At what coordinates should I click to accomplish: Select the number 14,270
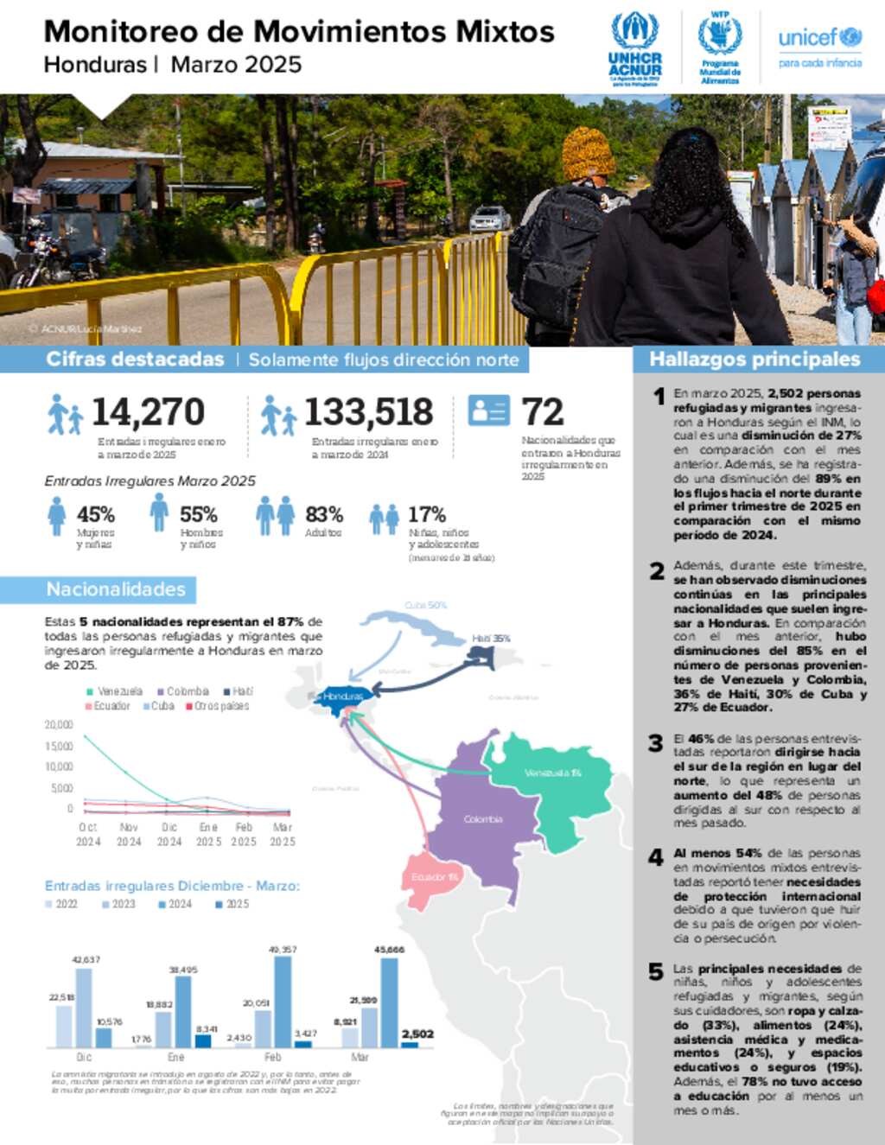click(x=148, y=412)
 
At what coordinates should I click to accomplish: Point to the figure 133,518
click(x=368, y=412)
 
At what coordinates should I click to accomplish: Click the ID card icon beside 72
click(x=489, y=410)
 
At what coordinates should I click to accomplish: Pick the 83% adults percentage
click(x=324, y=514)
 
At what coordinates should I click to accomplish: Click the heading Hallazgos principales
click(x=754, y=359)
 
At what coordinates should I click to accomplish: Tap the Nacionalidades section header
click(x=116, y=589)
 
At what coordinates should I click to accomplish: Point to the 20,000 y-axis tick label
click(x=59, y=725)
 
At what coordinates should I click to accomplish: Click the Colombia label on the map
click(x=482, y=819)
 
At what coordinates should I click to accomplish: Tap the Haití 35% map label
click(x=491, y=639)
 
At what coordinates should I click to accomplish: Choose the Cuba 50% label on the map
click(x=425, y=605)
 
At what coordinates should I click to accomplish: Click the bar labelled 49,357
click(x=283, y=1001)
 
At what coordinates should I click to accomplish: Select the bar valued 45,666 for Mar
click(x=389, y=1002)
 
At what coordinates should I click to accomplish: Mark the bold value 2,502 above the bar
click(x=417, y=1034)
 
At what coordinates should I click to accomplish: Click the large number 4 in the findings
click(x=656, y=857)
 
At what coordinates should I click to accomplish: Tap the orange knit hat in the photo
click(x=588, y=153)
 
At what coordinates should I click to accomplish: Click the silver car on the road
click(x=490, y=219)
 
